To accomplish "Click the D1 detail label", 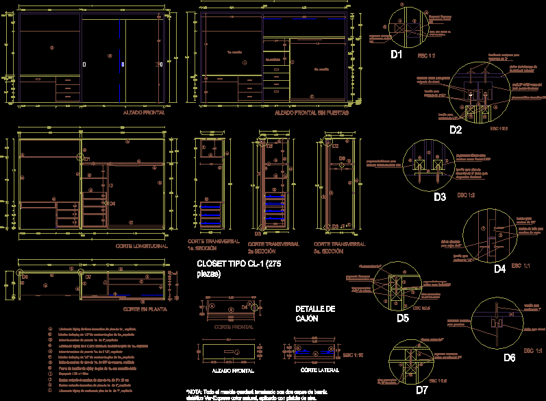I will point(397,53).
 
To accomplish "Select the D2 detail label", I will point(456,129).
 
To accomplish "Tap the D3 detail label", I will point(440,197).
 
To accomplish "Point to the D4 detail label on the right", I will point(500,269).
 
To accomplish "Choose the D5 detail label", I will point(402,317).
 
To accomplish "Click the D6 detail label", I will point(509,357).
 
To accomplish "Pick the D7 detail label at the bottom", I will point(422,390).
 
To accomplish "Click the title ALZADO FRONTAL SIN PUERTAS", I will point(310,112).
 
